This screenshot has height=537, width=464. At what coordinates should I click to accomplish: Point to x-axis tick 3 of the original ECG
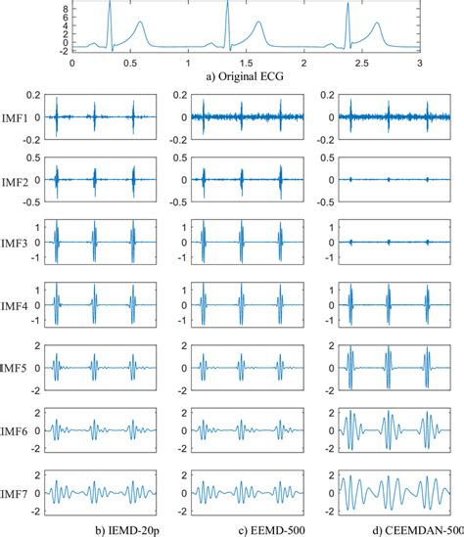tap(419, 61)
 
